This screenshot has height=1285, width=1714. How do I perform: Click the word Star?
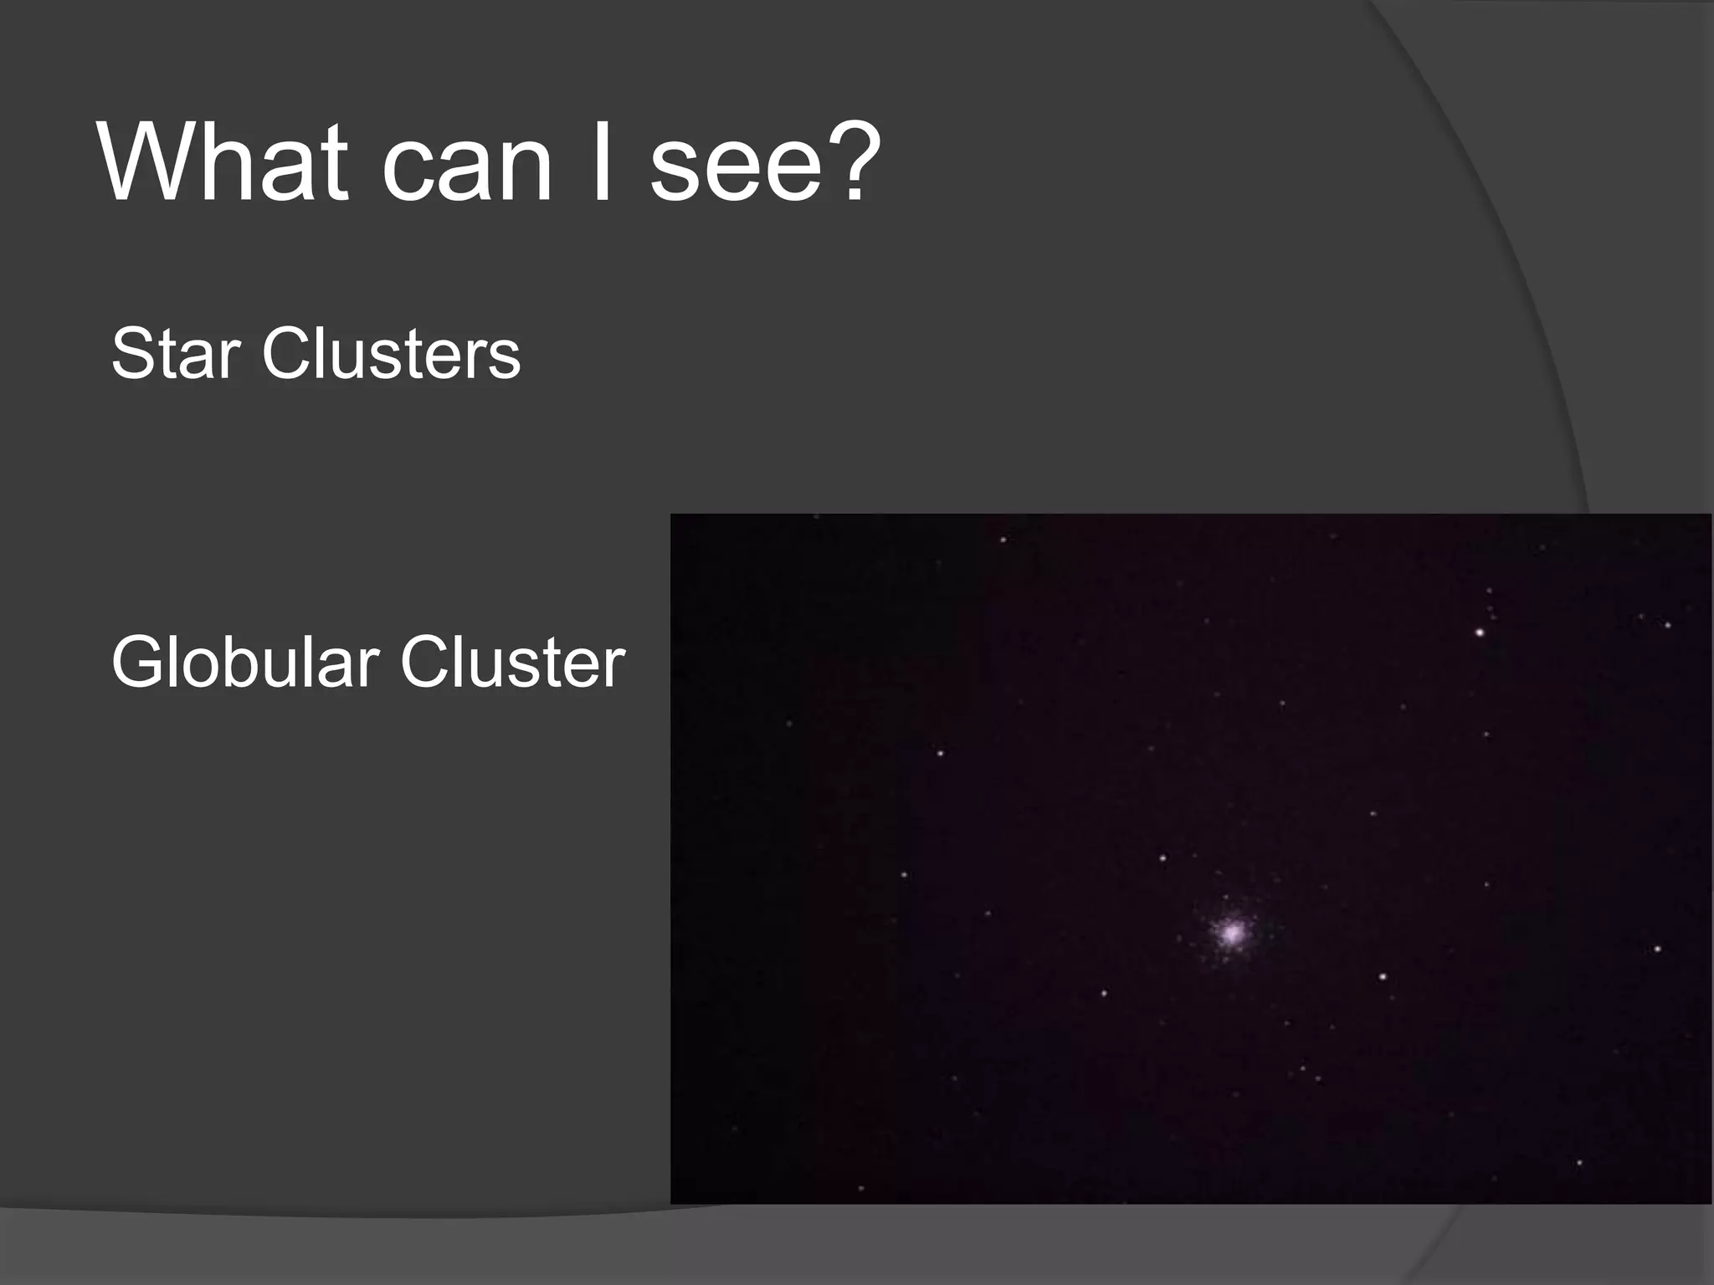(x=176, y=355)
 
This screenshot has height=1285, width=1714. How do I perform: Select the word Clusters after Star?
(x=391, y=355)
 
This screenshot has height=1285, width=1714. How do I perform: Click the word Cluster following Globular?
(x=512, y=663)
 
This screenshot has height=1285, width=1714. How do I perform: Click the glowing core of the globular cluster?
(x=1231, y=932)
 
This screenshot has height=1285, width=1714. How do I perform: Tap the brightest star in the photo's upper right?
(x=1480, y=632)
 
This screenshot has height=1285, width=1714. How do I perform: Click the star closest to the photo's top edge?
(x=1003, y=540)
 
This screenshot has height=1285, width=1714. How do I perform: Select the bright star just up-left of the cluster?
(x=1162, y=858)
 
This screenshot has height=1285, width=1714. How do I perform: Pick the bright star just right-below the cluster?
(x=1383, y=976)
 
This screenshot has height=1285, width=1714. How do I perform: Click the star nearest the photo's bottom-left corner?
(x=861, y=1188)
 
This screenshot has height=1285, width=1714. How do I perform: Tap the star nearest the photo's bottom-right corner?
(x=1579, y=1163)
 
